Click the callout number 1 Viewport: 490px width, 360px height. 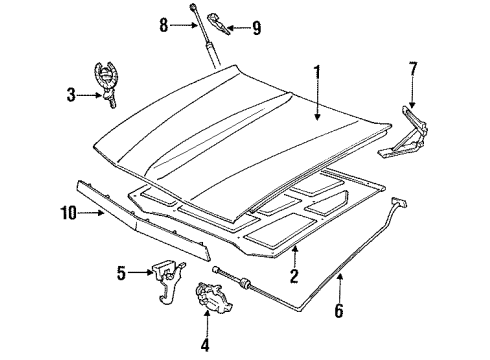click(x=319, y=73)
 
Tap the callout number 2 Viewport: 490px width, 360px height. click(x=295, y=277)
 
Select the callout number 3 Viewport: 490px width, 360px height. click(x=70, y=95)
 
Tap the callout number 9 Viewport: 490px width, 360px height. click(x=257, y=30)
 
